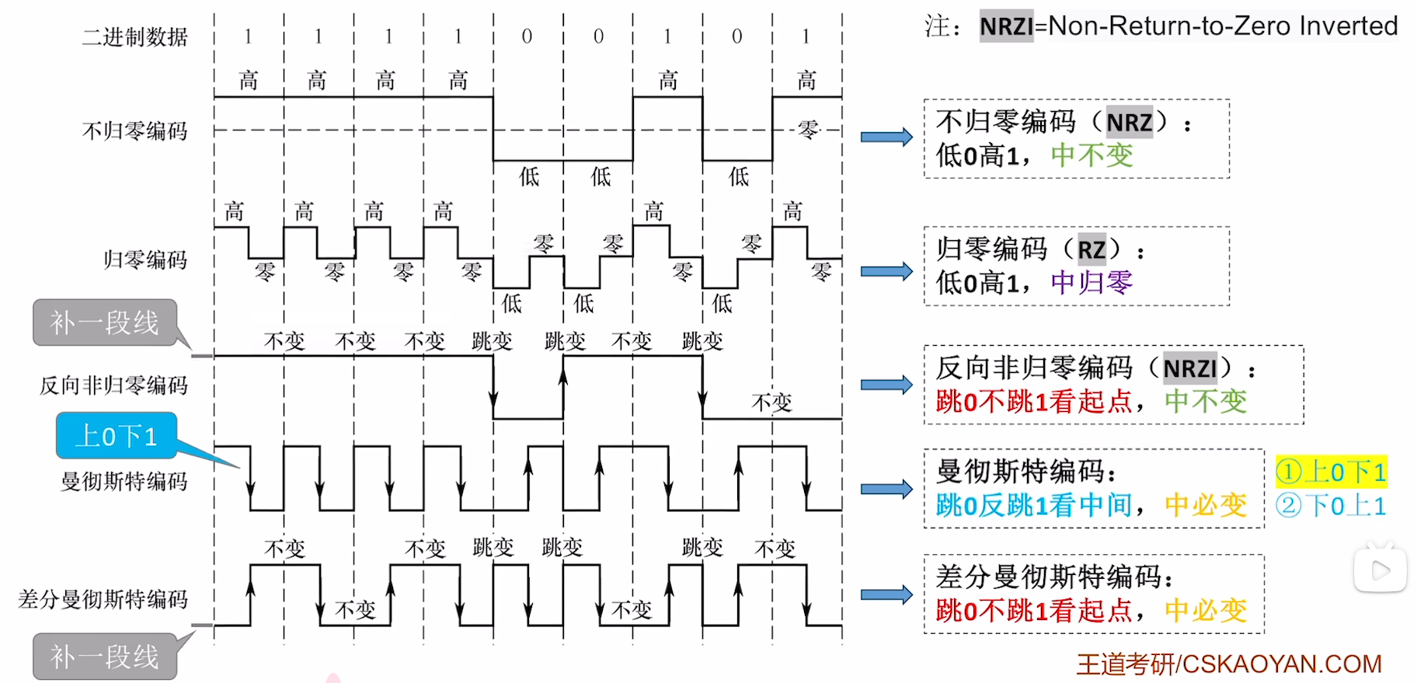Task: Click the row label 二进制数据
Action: (x=135, y=37)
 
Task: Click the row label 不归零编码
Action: (x=135, y=131)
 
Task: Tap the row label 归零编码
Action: (x=145, y=260)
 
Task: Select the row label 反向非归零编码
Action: (x=113, y=385)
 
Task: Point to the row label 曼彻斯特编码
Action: (x=124, y=482)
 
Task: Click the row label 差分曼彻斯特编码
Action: (x=103, y=599)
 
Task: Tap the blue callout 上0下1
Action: (x=117, y=436)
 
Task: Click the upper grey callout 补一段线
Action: (x=105, y=322)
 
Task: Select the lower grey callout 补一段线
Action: (x=105, y=657)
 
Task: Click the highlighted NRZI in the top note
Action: (x=1006, y=26)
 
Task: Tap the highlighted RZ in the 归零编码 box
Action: (x=1091, y=249)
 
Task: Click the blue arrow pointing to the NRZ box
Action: (x=886, y=138)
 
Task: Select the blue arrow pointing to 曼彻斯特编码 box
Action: (x=886, y=489)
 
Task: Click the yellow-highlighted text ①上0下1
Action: (x=1331, y=472)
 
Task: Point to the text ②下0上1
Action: (x=1331, y=506)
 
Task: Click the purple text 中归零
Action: (x=1091, y=283)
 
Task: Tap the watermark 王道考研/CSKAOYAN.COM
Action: (x=1229, y=664)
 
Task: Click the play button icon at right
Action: (x=1380, y=571)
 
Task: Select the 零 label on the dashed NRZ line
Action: (x=808, y=130)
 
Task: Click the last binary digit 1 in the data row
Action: (x=806, y=37)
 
